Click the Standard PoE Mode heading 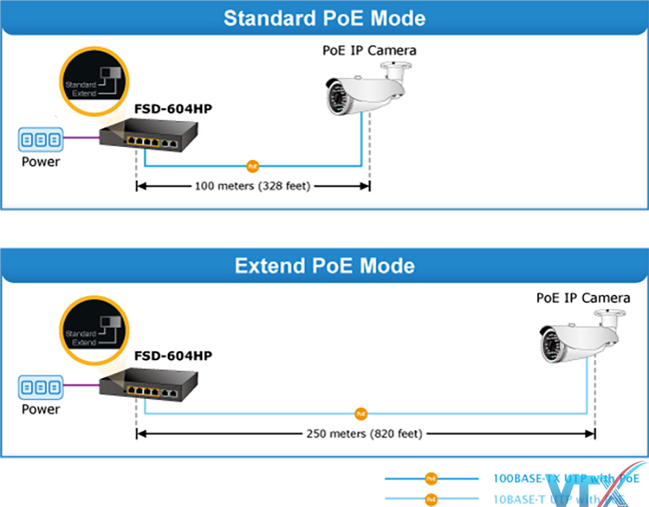pos(324,18)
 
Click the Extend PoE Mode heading pos(324,265)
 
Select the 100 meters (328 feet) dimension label pos(252,186)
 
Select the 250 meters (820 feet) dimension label pos(365,433)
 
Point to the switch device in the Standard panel pos(142,139)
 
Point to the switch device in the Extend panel pos(142,386)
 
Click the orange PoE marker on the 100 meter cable pos(252,166)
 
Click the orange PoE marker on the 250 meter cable pos(361,414)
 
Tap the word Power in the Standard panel pos(41,161)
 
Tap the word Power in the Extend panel pos(41,409)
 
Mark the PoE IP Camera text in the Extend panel pos(582,298)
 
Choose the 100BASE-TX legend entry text pos(560,479)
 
